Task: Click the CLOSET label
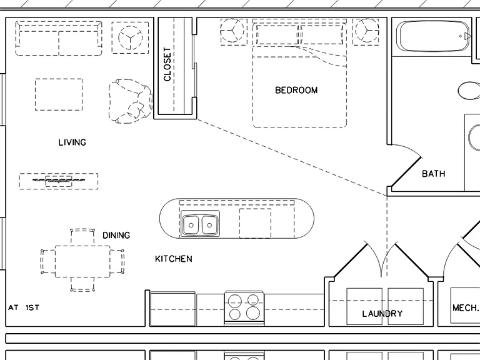[167, 64]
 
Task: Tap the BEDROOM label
[296, 90]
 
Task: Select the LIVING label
[72, 142]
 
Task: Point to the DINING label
[116, 235]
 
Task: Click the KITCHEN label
[174, 259]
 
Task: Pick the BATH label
[434, 174]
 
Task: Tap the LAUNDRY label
[382, 314]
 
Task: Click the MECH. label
[466, 307]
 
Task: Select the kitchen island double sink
[200, 224]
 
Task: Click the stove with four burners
[244, 308]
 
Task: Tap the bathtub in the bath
[432, 36]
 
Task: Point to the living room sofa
[59, 38]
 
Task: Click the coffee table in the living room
[59, 94]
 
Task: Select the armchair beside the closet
[131, 101]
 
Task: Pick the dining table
[82, 261]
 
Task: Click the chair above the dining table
[82, 236]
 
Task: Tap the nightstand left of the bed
[234, 31]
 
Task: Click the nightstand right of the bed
[366, 31]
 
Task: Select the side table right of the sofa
[130, 37]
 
